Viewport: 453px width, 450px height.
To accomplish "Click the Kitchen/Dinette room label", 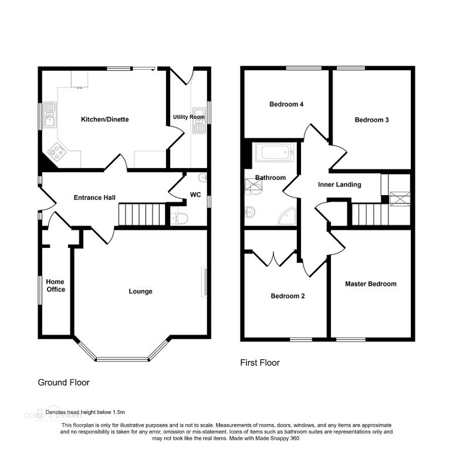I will [104, 120].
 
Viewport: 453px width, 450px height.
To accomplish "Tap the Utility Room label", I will [188, 117].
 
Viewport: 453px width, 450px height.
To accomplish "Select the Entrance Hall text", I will [94, 197].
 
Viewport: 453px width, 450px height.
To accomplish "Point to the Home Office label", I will [56, 285].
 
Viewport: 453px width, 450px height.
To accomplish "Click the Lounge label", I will [140, 291].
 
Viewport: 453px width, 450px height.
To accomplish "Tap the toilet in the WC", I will [180, 218].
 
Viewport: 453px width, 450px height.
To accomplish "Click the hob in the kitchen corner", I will [57, 152].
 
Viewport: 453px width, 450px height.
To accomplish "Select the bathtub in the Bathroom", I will [274, 154].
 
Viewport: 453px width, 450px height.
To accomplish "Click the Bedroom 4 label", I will [286, 105].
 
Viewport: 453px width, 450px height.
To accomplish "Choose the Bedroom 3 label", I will [371, 120].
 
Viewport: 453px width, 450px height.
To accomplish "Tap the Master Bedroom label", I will [370, 284].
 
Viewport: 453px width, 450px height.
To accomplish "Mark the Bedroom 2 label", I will [288, 296].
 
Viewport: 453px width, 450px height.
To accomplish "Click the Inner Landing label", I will [339, 185].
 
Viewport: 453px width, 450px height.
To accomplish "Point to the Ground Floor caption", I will [63, 383].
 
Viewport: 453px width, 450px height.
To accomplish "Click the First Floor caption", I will [260, 363].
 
